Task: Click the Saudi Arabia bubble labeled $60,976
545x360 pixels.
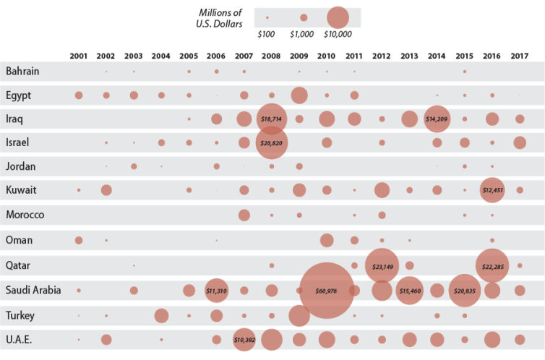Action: tap(326, 291)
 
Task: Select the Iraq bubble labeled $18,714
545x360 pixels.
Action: tap(272, 119)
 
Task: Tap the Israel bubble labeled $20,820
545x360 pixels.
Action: tap(272, 142)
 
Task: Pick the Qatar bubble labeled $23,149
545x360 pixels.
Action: tap(382, 266)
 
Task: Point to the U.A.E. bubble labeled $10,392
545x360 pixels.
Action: tap(244, 340)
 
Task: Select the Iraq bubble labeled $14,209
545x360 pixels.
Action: tap(437, 119)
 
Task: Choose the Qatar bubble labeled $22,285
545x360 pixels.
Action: tap(492, 266)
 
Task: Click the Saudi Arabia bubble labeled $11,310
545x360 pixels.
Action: tap(216, 291)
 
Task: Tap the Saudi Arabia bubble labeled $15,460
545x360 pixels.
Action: tap(409, 291)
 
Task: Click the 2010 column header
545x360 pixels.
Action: tap(326, 56)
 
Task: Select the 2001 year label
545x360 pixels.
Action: tap(78, 56)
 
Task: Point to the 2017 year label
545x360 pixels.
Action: tap(519, 56)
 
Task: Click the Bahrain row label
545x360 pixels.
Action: tap(22, 71)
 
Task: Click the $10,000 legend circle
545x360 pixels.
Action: tap(338, 17)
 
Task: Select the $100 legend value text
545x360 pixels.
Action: tap(267, 34)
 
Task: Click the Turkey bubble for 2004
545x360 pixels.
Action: tap(161, 315)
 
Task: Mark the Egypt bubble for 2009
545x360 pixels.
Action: tap(299, 95)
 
